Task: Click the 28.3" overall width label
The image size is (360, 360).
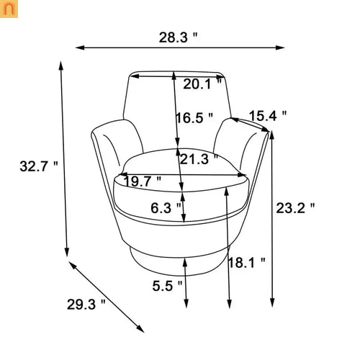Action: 178,37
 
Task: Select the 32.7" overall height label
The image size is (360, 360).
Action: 39,166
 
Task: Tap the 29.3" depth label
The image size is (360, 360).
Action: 86,305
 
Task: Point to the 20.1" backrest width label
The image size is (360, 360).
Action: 202,84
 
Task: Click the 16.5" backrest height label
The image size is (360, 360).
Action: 194,118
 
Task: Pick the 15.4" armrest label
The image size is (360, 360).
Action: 268,116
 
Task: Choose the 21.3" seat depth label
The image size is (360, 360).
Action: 199,159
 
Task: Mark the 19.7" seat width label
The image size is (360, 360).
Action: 142,181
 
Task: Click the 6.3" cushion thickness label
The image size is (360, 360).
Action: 166,208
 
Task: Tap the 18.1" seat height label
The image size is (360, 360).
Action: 247,263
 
